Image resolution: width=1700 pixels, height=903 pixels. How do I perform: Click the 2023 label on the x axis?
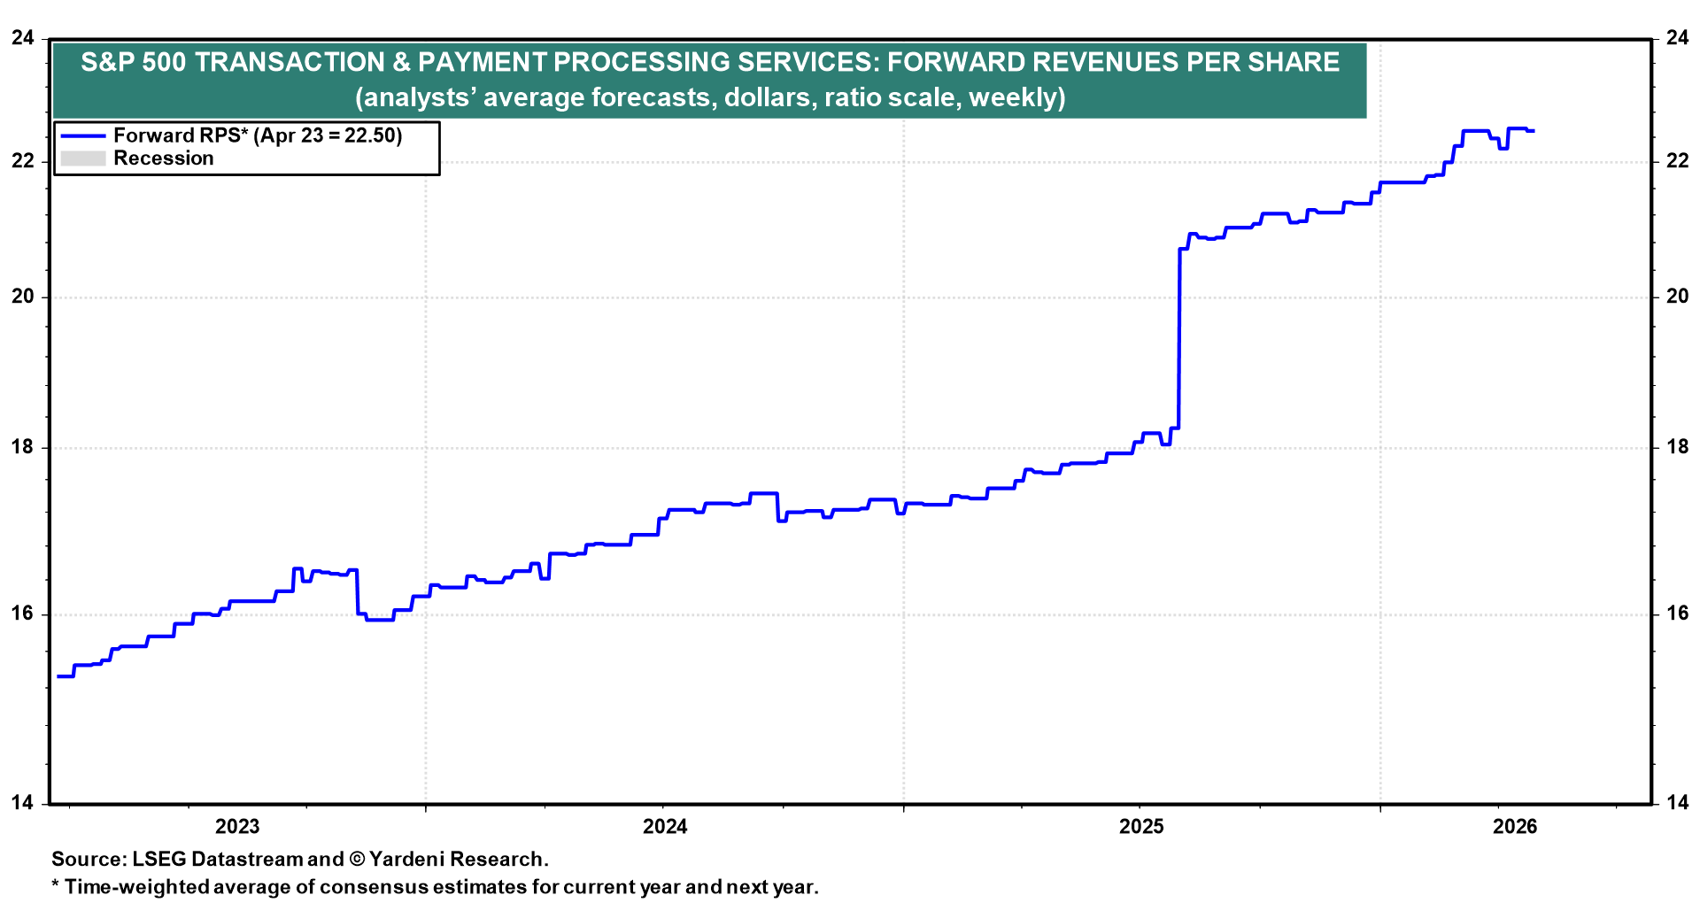coord(237,827)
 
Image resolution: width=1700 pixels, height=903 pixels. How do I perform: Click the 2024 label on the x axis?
coord(665,827)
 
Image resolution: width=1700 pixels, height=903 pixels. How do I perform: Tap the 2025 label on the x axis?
coord(1141,827)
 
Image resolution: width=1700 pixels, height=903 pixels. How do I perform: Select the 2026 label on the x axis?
coord(1515,827)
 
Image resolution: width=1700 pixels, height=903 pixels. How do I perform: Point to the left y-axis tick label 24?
coord(23,38)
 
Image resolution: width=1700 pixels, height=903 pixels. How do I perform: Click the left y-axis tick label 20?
coord(23,297)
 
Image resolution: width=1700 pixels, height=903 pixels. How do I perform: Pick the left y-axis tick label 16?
coord(23,614)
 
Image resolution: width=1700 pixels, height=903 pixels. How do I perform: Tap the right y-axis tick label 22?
coord(1677,161)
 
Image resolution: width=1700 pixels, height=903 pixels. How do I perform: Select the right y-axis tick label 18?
coord(1677,447)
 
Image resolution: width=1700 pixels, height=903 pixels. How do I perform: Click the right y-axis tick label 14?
coord(1677,802)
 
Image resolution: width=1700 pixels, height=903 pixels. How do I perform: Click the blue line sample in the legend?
coord(82,136)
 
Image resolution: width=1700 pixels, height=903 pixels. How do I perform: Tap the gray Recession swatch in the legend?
coord(82,158)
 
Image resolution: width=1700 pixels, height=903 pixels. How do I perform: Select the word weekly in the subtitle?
coord(1015,96)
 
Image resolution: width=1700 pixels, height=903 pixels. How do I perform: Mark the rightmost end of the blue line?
coord(1533,131)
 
